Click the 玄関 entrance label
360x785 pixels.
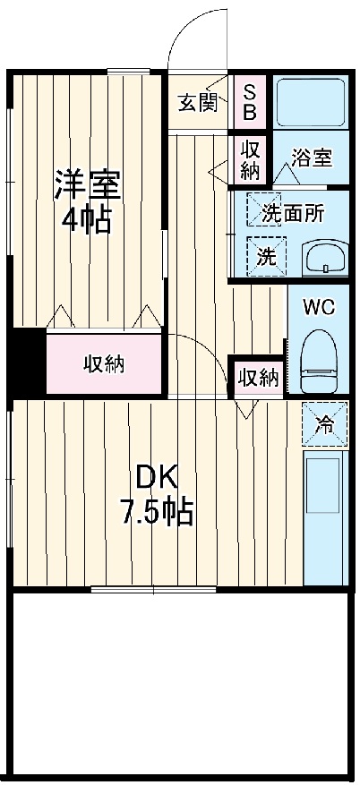coord(197,103)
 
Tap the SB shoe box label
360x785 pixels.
coord(250,102)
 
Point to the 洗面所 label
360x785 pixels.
coord(293,214)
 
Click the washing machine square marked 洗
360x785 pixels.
coord(267,255)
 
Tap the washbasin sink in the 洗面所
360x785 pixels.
coord(324,258)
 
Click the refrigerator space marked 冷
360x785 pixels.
coord(325,424)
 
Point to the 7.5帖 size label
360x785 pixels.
coord(157,513)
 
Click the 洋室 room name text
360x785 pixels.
coord(86,184)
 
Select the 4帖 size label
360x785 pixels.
coord(86,219)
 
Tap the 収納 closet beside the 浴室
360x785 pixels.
coord(249,159)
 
